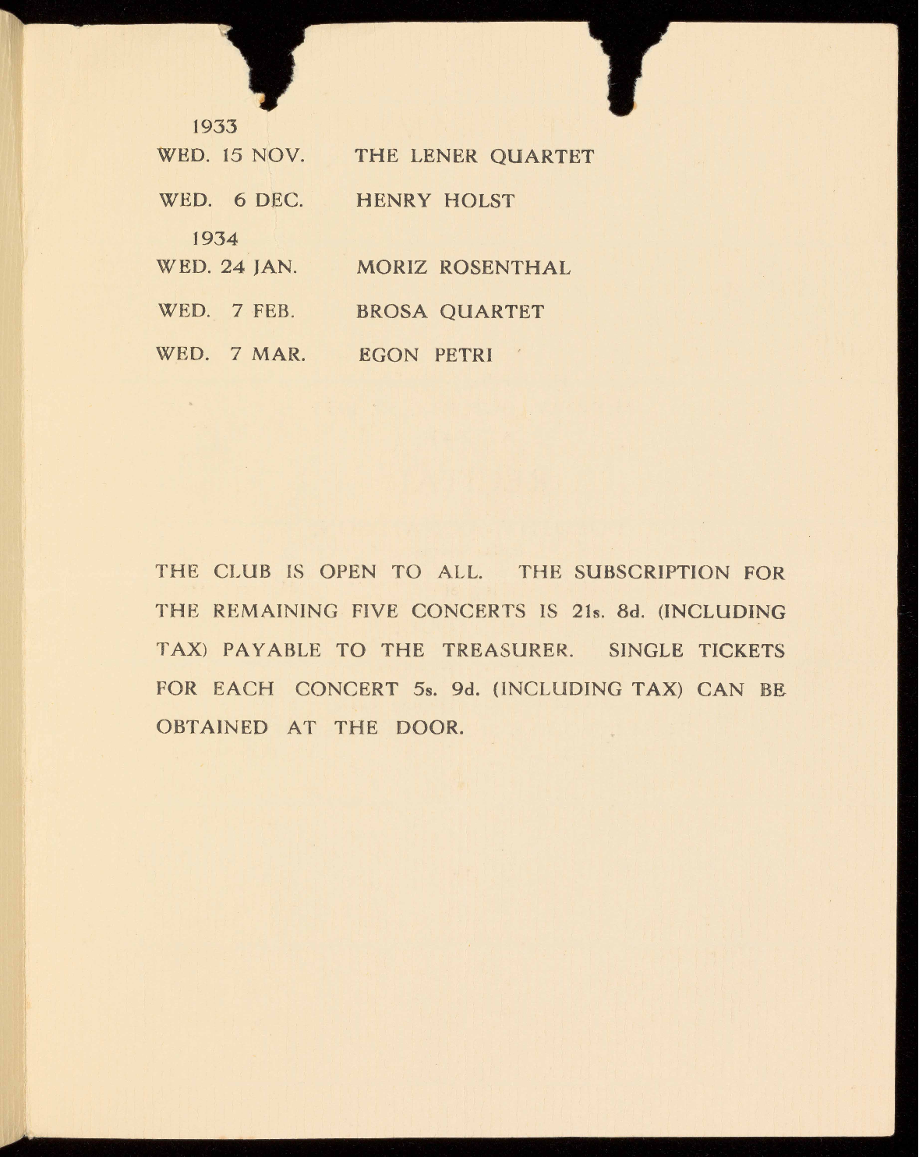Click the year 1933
click(x=214, y=126)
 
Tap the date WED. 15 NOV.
click(x=231, y=156)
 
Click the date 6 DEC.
click(x=268, y=200)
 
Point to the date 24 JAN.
click(x=259, y=267)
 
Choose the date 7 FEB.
click(x=263, y=312)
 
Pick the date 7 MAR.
click(x=267, y=355)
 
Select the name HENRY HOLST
click(x=435, y=201)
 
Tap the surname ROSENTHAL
click(x=505, y=268)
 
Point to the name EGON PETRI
click(x=425, y=356)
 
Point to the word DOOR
click(x=429, y=728)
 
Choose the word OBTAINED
click(x=212, y=728)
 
